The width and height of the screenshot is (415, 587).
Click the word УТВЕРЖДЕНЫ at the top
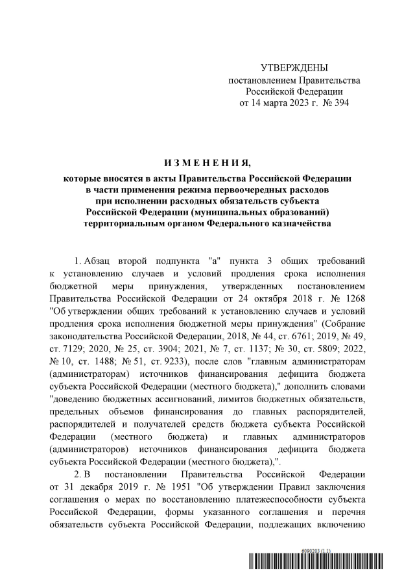294,68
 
